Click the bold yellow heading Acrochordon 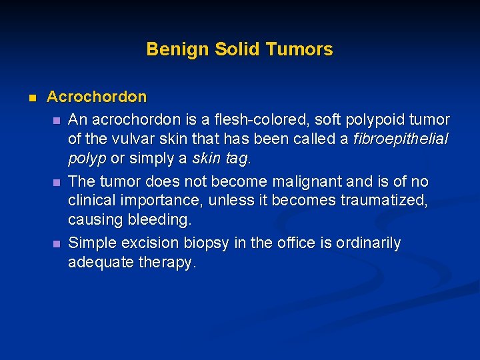click(x=97, y=97)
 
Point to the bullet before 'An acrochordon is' click(x=57, y=120)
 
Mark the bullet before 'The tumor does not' click(x=57, y=182)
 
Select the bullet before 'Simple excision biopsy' click(x=57, y=244)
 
